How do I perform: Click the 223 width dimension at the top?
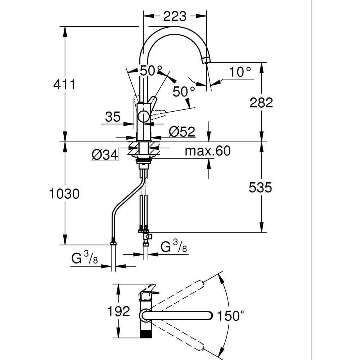[175, 16]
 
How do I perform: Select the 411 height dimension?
[64, 85]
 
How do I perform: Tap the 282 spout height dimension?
[261, 103]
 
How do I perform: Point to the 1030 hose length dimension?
[64, 194]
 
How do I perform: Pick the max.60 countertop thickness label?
[207, 151]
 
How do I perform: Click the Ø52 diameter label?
[182, 132]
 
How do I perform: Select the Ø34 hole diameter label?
[105, 155]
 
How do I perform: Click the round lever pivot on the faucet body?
[144, 117]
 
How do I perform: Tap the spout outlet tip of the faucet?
[206, 60]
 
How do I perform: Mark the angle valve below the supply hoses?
[147, 237]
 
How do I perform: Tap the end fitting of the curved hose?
[113, 242]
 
